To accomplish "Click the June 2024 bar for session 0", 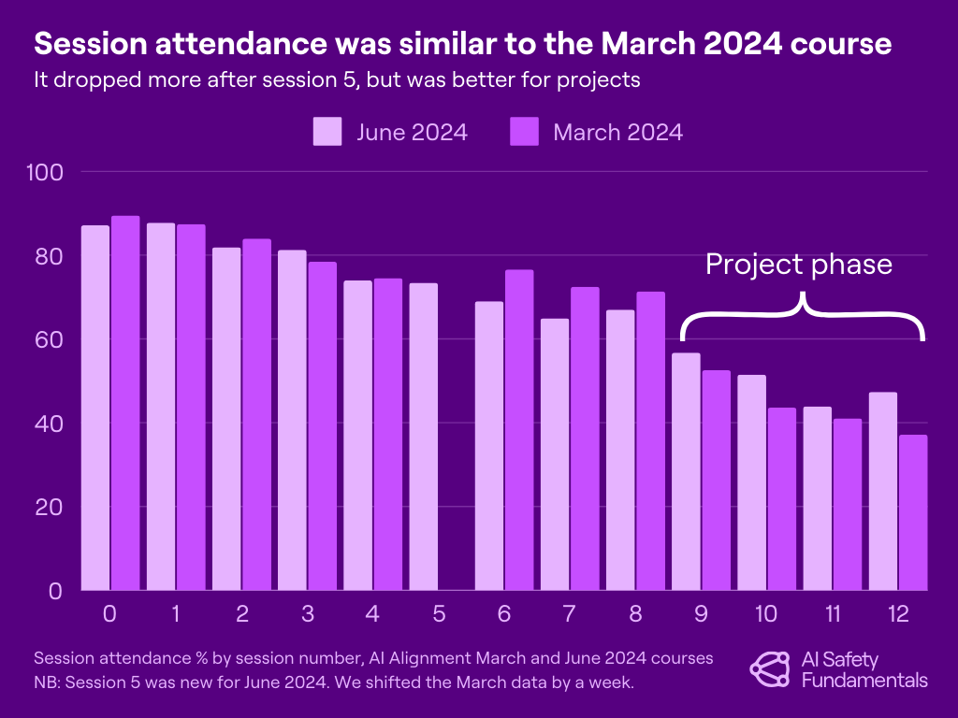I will tap(95, 408).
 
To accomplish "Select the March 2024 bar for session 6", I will tap(518, 430).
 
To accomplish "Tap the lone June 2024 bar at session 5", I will tap(423, 437).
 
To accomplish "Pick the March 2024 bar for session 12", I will tap(913, 512).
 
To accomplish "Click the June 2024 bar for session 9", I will tap(686, 471).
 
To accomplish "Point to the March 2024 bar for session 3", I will tap(322, 425).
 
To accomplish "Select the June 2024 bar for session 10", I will tap(751, 482).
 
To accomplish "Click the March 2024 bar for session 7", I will tap(585, 438).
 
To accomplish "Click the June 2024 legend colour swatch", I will tap(327, 132).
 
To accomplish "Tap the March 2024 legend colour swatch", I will tap(524, 132).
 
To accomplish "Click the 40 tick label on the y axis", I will tap(47, 424).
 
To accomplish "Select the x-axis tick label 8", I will tap(636, 614).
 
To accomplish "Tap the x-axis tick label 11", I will tap(833, 614).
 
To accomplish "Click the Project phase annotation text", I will tap(798, 265).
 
